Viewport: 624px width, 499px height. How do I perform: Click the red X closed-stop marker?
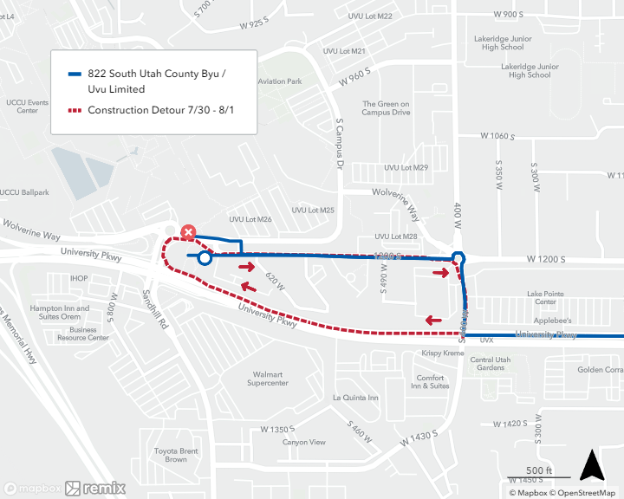click(188, 232)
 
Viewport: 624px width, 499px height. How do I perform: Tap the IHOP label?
click(80, 278)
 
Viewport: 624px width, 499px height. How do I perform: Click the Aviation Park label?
click(279, 81)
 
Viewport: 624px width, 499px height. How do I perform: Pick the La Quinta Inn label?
click(355, 398)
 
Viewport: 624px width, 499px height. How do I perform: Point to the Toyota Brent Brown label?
click(176, 455)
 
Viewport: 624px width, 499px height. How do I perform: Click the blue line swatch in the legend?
click(75, 75)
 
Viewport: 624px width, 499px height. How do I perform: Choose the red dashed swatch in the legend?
click(75, 111)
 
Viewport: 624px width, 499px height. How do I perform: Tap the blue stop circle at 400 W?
click(458, 257)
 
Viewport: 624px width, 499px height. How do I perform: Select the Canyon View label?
click(304, 443)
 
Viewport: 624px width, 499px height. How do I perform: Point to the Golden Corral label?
click(601, 370)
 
